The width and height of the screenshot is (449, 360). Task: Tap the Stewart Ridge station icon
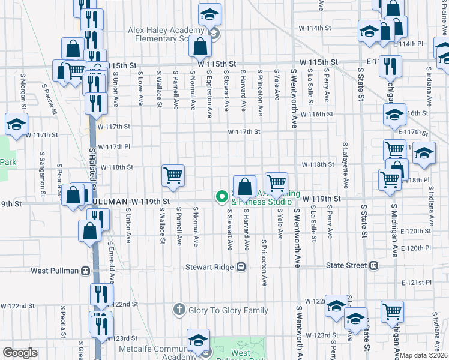click(x=241, y=266)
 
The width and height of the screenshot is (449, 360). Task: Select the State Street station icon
click(x=374, y=265)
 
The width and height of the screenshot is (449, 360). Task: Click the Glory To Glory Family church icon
click(x=178, y=310)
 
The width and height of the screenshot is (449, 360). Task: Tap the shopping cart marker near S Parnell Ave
click(x=173, y=175)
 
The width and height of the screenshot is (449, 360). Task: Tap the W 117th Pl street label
click(x=114, y=146)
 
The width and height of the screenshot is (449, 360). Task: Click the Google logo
click(x=20, y=353)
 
